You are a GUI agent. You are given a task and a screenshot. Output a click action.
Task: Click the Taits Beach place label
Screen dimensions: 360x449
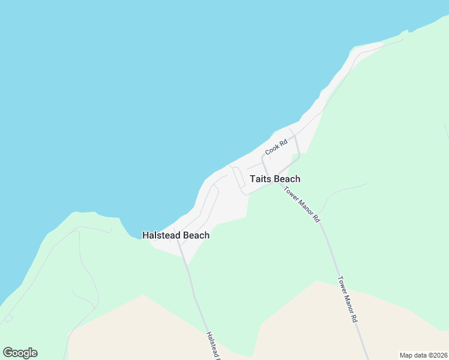point(275,179)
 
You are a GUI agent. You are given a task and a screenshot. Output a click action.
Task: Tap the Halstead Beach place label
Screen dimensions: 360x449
point(176,235)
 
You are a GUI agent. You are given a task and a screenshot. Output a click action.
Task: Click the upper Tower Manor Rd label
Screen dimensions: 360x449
point(302,205)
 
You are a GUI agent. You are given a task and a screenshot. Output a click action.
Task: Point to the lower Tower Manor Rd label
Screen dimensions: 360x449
point(348,299)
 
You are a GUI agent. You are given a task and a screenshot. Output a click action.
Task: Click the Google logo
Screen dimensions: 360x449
point(20,353)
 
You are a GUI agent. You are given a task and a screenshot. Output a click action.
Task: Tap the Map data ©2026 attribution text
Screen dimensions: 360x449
point(423,355)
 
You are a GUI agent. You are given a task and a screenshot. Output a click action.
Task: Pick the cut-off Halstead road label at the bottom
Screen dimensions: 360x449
point(213,346)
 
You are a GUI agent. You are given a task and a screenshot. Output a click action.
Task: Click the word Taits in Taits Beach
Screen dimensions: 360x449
point(261,179)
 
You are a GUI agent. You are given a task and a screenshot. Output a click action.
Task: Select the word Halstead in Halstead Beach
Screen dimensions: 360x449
point(161,235)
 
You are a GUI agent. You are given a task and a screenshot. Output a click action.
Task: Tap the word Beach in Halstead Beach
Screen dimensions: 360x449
point(196,235)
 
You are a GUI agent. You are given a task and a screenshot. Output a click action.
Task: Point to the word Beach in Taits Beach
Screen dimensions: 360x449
point(287,179)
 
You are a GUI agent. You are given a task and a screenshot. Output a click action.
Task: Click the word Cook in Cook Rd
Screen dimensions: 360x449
point(273,150)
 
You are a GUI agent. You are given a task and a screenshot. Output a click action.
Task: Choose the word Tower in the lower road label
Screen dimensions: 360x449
point(342,283)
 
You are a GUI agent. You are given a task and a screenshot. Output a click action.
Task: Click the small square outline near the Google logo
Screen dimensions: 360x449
point(8,318)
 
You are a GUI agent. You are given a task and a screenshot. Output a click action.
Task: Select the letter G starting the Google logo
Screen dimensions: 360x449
point(8,353)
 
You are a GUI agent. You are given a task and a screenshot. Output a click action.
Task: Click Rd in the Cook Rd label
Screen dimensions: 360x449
point(283,142)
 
